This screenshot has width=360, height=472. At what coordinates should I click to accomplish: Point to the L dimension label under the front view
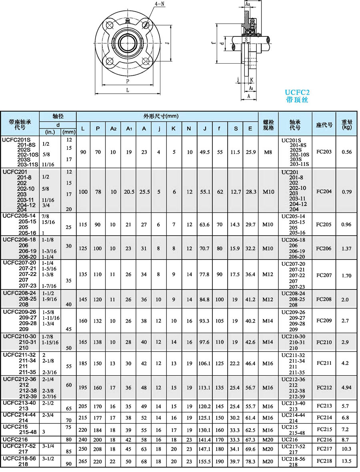128,90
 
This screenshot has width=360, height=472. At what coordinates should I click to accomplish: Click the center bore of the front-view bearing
128,41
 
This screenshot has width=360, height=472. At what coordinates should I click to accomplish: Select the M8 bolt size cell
268,152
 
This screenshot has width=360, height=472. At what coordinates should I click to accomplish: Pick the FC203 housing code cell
324,152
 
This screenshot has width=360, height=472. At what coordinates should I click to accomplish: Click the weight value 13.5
347,461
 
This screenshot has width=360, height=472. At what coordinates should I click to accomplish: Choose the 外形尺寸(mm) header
160,116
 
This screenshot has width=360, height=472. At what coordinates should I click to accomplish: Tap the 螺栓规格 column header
268,125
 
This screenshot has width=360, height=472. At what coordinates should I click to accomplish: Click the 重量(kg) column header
347,125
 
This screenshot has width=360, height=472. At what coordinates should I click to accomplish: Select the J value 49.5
205,152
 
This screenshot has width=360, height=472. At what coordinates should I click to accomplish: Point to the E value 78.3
250,461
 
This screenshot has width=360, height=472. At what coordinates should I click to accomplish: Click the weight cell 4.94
347,388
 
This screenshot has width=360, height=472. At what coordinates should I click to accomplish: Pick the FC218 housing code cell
324,461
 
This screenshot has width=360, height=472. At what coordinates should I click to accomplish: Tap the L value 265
83,461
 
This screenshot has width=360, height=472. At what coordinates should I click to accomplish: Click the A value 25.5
144,192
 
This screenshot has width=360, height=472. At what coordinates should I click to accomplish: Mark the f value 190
220,461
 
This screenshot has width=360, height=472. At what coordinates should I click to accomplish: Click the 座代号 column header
324,125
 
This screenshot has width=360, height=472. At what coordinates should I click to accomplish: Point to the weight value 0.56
347,152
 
